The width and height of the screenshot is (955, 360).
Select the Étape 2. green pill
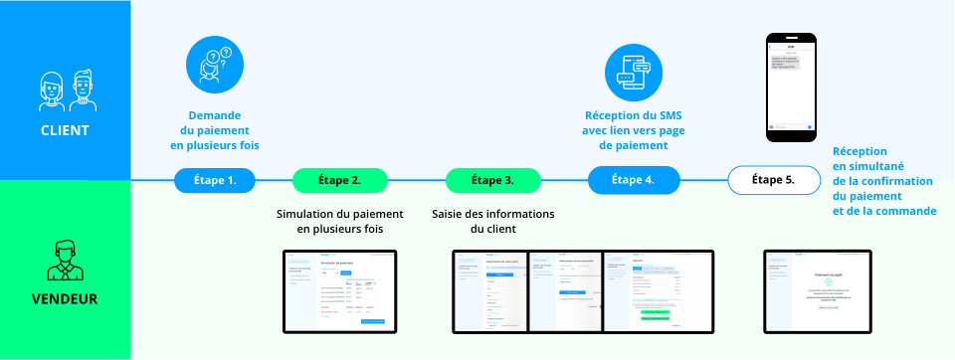coord(339,180)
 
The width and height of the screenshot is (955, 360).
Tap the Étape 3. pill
coord(492,180)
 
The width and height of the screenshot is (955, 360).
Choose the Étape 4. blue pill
coord(635,180)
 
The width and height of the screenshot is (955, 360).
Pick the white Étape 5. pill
coord(774,180)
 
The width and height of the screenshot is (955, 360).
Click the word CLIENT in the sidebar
coord(65,130)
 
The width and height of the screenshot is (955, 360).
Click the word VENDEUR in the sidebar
coord(65,296)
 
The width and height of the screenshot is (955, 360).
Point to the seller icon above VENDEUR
coord(65,259)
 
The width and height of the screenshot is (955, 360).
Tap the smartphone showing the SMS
coord(791,88)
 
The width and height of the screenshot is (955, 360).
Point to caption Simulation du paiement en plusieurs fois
coord(338,222)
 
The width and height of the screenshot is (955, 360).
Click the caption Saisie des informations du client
coord(492,222)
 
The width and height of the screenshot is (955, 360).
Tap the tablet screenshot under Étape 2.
coord(339,291)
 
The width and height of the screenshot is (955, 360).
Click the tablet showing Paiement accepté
coord(817,291)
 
